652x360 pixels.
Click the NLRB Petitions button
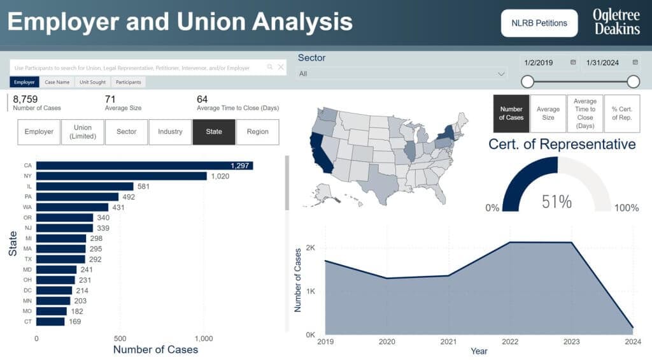pyautogui.click(x=539, y=23)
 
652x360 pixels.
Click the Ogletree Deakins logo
pyautogui.click(x=616, y=22)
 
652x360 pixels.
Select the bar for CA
pyautogui.click(x=144, y=166)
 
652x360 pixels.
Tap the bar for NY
pyautogui.click(x=121, y=176)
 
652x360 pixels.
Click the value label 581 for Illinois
pyautogui.click(x=144, y=187)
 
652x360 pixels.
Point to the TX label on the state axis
pyautogui.click(x=28, y=259)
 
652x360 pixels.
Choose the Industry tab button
pyautogui.click(x=170, y=132)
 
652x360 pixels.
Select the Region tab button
pyautogui.click(x=257, y=132)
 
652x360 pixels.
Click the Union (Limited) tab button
pyautogui.click(x=83, y=132)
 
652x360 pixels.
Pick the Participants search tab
pyautogui.click(x=128, y=82)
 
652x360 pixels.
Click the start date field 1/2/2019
pyautogui.click(x=539, y=62)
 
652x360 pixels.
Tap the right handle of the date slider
pyautogui.click(x=633, y=82)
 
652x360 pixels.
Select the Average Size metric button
pyautogui.click(x=548, y=113)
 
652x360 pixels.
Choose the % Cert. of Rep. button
pyautogui.click(x=621, y=113)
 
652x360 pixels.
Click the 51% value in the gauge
pyautogui.click(x=556, y=202)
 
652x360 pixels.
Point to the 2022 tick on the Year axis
pyautogui.click(x=511, y=342)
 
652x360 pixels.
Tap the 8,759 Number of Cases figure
pyautogui.click(x=25, y=99)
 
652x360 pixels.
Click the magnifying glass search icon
pyautogui.click(x=270, y=67)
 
